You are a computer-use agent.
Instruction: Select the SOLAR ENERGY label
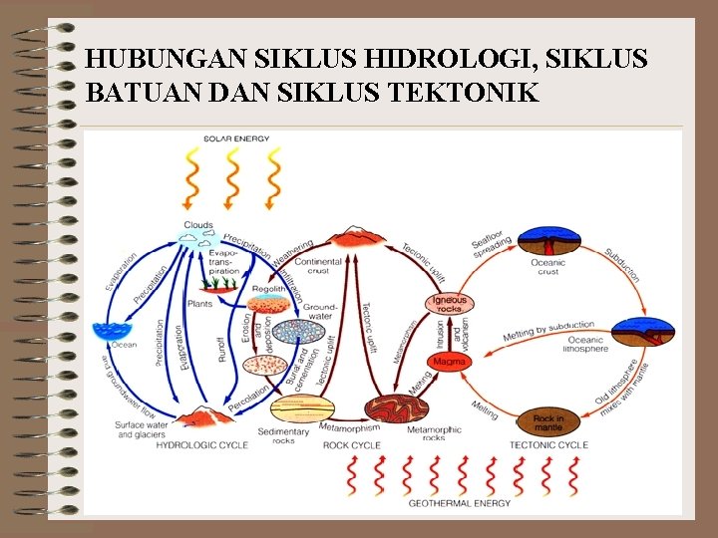tap(235, 138)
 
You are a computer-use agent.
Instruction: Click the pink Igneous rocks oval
tap(449, 302)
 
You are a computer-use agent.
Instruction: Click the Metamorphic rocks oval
tap(397, 409)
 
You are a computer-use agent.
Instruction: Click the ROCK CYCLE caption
tap(352, 445)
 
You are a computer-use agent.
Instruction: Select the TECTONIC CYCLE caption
tap(548, 445)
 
